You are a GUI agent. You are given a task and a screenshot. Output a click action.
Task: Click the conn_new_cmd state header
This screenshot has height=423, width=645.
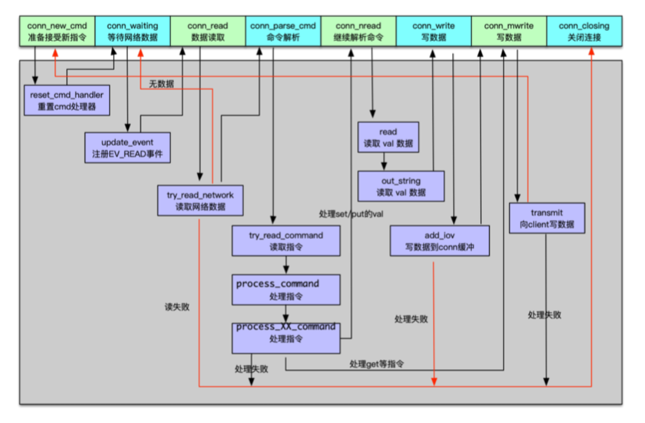(57, 31)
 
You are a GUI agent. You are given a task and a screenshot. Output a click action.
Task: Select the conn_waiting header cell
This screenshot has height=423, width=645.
(133, 31)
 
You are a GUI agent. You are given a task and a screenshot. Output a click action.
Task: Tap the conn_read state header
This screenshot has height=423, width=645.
(208, 31)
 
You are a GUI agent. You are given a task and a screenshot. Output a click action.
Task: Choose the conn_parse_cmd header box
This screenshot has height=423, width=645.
(283, 31)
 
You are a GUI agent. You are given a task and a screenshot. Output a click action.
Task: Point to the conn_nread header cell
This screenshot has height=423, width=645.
(358, 31)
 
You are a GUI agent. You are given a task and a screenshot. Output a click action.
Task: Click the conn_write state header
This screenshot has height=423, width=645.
(434, 31)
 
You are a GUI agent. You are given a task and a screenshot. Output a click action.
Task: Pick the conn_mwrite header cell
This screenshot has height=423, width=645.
(509, 31)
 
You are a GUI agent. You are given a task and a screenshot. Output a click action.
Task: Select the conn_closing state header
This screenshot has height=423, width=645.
(584, 31)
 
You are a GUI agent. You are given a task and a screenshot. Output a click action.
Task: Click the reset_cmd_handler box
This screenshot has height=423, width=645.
(67, 100)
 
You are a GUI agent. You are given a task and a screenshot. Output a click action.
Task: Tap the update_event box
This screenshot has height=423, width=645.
(127, 147)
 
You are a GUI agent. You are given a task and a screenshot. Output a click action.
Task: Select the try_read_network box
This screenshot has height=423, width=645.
(200, 201)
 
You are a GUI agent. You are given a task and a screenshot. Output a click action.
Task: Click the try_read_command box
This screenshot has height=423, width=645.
(286, 241)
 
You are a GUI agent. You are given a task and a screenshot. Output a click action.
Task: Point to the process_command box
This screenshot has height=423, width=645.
(286, 289)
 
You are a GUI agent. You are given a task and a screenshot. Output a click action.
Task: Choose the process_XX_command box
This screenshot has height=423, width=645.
(286, 333)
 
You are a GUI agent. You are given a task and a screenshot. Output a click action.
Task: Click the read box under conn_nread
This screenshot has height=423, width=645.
(388, 137)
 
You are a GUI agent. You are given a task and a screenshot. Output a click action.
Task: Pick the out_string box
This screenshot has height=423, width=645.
(401, 186)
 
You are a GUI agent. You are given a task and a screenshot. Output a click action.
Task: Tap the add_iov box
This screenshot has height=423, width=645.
(439, 241)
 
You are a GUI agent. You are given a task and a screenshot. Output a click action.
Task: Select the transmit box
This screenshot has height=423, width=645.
(547, 218)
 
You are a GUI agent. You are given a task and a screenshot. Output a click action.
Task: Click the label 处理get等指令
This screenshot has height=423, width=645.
(377, 363)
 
